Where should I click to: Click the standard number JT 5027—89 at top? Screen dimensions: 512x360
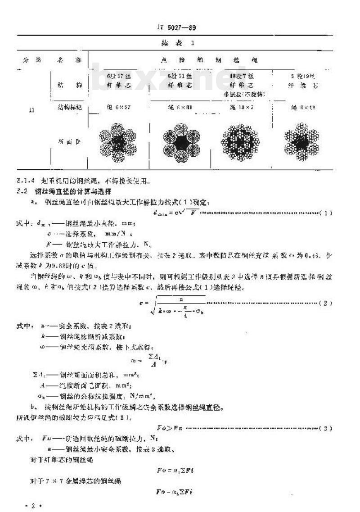point(180,27)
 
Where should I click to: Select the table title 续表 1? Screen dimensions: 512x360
point(180,44)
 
